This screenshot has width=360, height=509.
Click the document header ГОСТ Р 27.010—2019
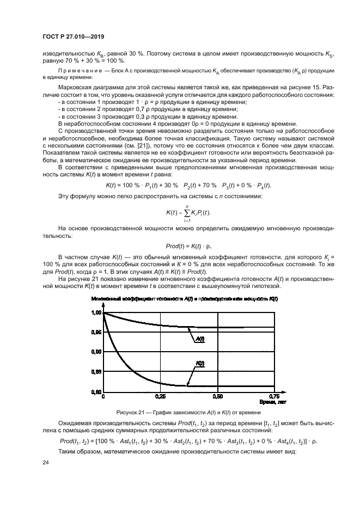coord(73,37)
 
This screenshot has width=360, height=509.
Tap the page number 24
coord(45,463)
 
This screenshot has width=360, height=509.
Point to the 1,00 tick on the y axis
coord(95,312)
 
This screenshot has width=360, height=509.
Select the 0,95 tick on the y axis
coord(95,332)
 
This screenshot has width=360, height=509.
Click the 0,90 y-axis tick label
coord(95,352)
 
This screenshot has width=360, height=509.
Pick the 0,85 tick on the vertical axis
coord(95,372)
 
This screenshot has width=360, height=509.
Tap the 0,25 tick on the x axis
coord(160,396)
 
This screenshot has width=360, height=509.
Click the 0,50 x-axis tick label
coord(217,396)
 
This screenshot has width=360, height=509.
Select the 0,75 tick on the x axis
coord(274,396)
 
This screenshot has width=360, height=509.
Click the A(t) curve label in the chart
coord(200,339)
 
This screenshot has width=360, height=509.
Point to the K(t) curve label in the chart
coord(200,363)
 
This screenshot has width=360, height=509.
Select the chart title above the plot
coord(185,300)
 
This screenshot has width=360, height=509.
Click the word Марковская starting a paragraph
coord(76,88)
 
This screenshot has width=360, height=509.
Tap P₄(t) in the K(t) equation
coord(262,186)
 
